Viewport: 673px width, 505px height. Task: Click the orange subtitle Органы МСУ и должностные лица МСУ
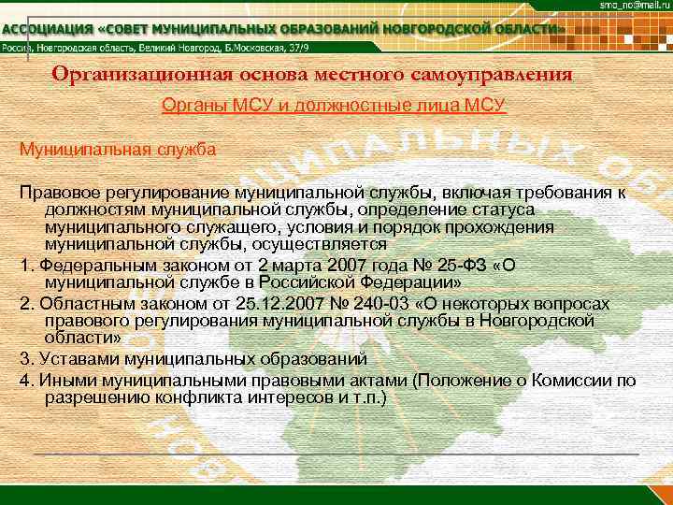[x=335, y=107]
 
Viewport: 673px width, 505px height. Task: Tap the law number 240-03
[x=371, y=304]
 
